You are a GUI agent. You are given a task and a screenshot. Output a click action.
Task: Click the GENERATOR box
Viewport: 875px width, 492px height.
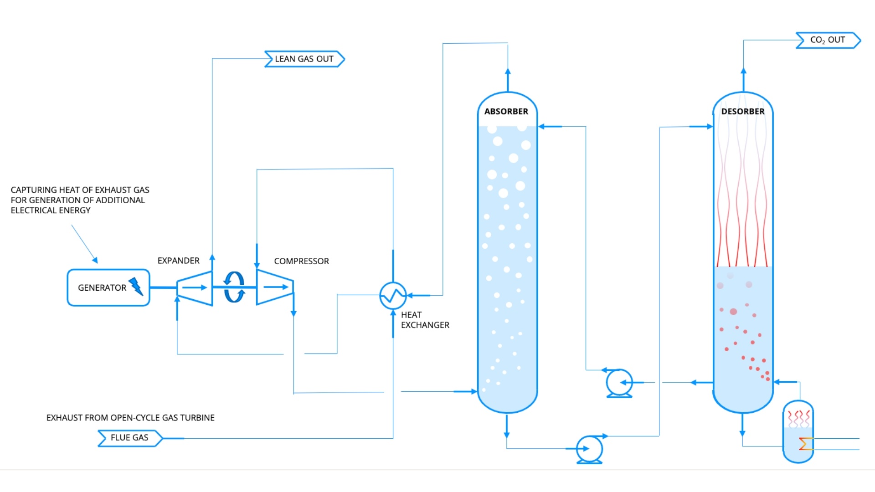click(x=108, y=287)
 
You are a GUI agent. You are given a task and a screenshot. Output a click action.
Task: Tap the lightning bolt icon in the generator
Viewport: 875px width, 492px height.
click(x=136, y=287)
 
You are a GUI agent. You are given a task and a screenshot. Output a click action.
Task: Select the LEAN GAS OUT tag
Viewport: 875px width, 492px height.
click(x=304, y=59)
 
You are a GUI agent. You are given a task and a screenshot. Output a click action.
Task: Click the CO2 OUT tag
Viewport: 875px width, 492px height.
click(x=828, y=40)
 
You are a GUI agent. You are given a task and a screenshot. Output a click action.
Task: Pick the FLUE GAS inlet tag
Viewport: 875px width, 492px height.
click(x=130, y=438)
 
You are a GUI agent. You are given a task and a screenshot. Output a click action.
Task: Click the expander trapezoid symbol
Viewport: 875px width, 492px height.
click(x=195, y=287)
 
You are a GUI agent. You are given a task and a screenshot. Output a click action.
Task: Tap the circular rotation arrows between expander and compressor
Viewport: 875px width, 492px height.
click(x=234, y=287)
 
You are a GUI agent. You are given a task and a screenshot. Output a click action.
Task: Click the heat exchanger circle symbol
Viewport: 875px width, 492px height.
click(x=393, y=296)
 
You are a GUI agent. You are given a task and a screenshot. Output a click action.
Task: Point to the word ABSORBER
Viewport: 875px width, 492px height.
click(x=506, y=112)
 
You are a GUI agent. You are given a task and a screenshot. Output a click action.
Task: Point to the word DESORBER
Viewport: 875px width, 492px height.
click(x=743, y=112)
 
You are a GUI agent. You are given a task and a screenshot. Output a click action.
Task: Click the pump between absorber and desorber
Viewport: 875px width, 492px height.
click(x=619, y=382)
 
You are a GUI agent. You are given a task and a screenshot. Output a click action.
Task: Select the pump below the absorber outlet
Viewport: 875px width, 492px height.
click(x=589, y=449)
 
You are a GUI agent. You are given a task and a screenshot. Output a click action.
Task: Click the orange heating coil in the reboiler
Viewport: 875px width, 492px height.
click(x=805, y=443)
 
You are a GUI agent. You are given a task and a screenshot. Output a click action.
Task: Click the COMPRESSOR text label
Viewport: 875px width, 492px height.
click(x=301, y=261)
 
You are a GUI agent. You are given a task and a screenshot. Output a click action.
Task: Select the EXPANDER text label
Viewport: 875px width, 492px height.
click(x=178, y=261)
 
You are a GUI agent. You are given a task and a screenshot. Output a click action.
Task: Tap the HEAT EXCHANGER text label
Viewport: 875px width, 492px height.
click(x=425, y=320)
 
